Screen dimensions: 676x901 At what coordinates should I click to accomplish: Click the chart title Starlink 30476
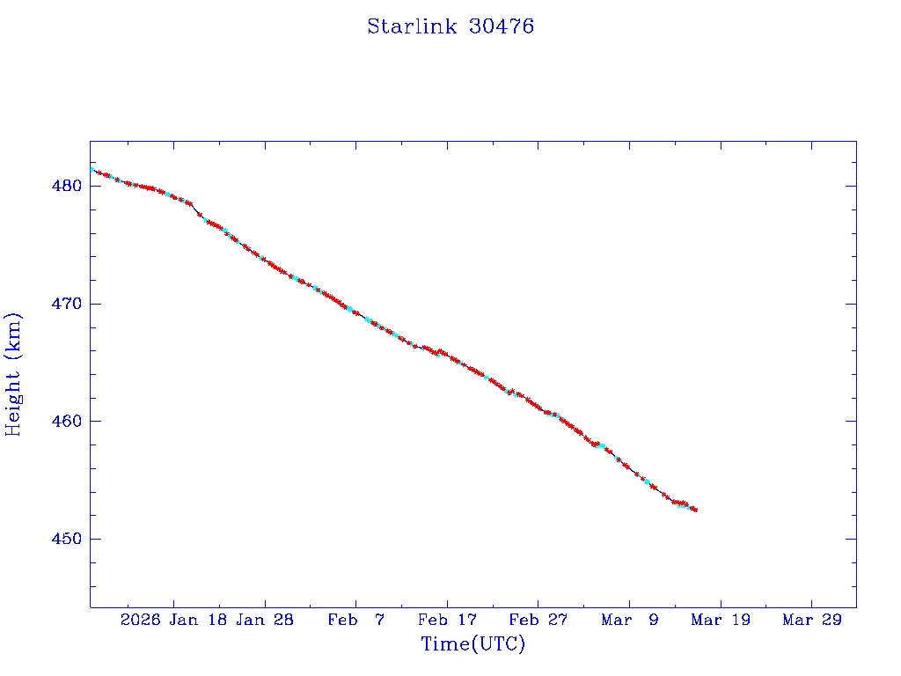[x=450, y=26]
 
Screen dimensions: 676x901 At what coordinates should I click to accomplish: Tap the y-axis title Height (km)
[x=14, y=374]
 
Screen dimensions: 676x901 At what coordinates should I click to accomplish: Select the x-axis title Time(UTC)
[x=472, y=644]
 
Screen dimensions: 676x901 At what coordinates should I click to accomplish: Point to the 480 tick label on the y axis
[x=67, y=187]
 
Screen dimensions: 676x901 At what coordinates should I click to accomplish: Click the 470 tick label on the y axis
[x=67, y=304]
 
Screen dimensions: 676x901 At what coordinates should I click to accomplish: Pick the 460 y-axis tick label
[x=67, y=422]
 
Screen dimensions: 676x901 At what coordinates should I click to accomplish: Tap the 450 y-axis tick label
[x=67, y=539]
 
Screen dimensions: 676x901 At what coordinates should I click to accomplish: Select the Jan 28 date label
[x=265, y=620]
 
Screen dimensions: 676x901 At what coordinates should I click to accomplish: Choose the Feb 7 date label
[x=355, y=620]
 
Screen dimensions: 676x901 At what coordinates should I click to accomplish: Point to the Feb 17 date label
[x=447, y=620]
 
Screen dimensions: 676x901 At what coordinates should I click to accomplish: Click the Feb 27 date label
[x=538, y=620]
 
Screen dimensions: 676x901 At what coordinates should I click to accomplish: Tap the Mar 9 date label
[x=629, y=620]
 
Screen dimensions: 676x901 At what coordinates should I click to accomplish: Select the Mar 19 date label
[x=721, y=620]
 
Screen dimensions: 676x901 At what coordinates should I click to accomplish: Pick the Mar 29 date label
[x=811, y=620]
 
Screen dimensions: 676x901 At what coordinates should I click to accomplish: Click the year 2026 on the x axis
[x=140, y=620]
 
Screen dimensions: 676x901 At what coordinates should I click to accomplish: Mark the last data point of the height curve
[x=695, y=510]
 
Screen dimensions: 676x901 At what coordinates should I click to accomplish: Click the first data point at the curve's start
[x=92, y=168]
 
